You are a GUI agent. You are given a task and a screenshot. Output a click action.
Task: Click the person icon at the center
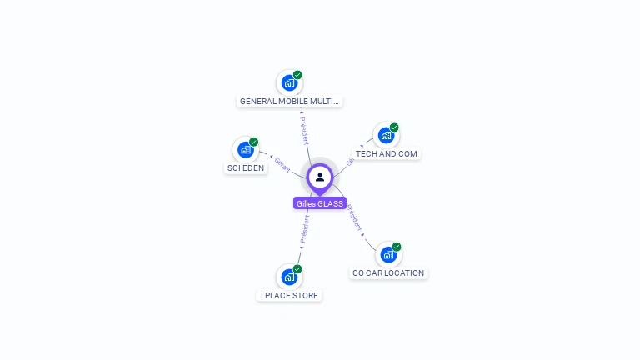click(x=320, y=177)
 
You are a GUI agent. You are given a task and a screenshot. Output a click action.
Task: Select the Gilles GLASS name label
click(x=320, y=203)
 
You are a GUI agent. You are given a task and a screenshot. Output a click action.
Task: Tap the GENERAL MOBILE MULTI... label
click(x=289, y=102)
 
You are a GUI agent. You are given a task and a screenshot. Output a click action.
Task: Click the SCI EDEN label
click(x=246, y=168)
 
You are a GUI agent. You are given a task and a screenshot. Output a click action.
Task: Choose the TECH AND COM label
click(x=386, y=154)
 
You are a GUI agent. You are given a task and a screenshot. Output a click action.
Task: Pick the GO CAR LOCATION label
click(x=388, y=273)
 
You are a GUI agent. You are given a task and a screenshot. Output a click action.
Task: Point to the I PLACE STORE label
click(x=289, y=296)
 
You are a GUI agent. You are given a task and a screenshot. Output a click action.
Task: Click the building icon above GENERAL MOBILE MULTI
click(x=288, y=82)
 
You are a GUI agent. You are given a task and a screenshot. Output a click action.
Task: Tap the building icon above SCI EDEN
click(x=245, y=150)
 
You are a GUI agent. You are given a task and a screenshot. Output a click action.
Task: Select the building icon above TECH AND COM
click(x=385, y=135)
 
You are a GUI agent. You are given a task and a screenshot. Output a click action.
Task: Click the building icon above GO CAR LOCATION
click(x=387, y=254)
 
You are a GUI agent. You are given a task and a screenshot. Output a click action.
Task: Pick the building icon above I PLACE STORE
click(x=288, y=277)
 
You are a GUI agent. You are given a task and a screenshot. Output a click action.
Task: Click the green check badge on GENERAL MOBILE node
click(x=297, y=75)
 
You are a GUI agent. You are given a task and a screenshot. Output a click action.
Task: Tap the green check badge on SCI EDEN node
click(x=254, y=142)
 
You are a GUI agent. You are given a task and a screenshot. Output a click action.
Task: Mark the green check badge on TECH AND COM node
click(x=394, y=127)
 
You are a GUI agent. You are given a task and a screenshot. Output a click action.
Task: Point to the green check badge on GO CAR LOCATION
click(x=397, y=247)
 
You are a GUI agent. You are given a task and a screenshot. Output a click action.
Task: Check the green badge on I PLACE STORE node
click(x=297, y=269)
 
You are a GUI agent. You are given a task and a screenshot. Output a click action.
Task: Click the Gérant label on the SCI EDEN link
click(x=282, y=164)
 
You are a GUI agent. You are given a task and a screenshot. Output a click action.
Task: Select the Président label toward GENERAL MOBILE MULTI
click(x=305, y=131)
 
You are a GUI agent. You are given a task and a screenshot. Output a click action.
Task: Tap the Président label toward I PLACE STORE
click(x=305, y=229)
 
